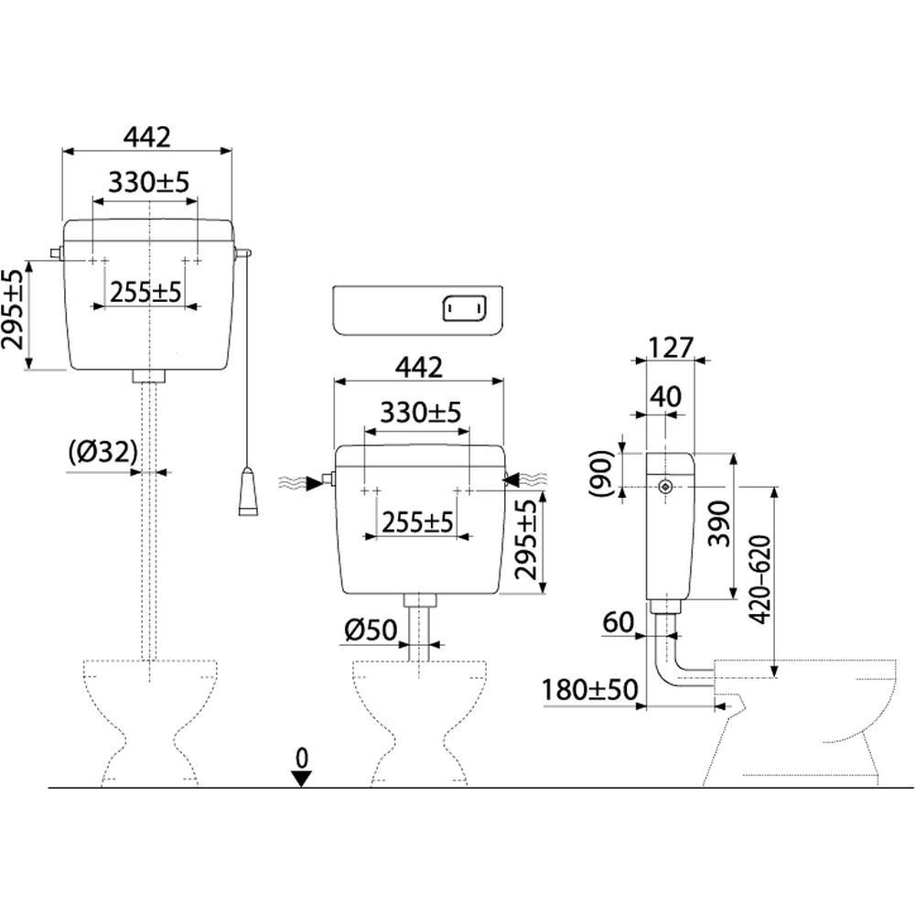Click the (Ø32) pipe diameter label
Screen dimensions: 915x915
(102, 452)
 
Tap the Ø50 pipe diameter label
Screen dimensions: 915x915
(371, 630)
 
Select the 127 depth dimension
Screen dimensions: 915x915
(671, 348)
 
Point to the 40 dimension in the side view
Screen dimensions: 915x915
(666, 397)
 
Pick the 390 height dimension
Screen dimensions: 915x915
(718, 523)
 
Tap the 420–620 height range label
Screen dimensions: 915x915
(759, 580)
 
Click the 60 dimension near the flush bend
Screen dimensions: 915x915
(618, 622)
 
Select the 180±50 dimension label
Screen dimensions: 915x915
(590, 690)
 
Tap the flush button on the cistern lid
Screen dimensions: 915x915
(465, 308)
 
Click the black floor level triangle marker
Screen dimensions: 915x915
(301, 779)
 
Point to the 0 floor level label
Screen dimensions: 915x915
(301, 758)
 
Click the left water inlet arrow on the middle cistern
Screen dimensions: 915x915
(315, 482)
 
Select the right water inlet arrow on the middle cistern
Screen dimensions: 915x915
(511, 479)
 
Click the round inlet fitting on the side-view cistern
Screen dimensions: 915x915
(665, 487)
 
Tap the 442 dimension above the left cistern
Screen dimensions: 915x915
(147, 137)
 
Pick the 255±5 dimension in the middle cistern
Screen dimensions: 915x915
(417, 522)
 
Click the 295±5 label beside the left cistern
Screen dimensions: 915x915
(14, 309)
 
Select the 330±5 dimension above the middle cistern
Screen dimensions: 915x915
(421, 413)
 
